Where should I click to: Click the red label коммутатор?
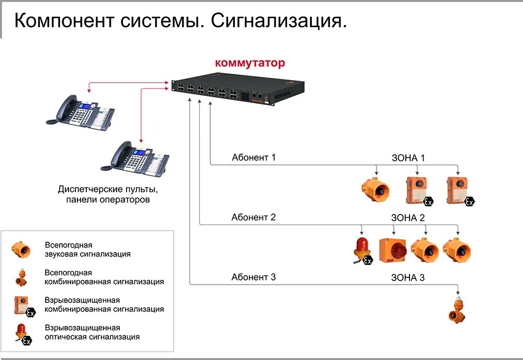(250, 63)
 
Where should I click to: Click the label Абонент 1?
(254, 157)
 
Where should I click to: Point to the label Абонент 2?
(254, 217)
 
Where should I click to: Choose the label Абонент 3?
(254, 277)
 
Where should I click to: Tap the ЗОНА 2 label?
(408, 218)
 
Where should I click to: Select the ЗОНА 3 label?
(408, 278)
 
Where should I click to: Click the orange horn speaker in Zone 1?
(376, 189)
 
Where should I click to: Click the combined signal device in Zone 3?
(457, 310)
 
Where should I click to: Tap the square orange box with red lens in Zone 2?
(393, 250)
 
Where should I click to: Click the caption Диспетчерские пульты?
(108, 189)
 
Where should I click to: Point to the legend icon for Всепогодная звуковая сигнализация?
(21, 250)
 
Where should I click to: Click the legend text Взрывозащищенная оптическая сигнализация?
(92, 332)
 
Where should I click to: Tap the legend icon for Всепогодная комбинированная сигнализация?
(21, 278)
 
